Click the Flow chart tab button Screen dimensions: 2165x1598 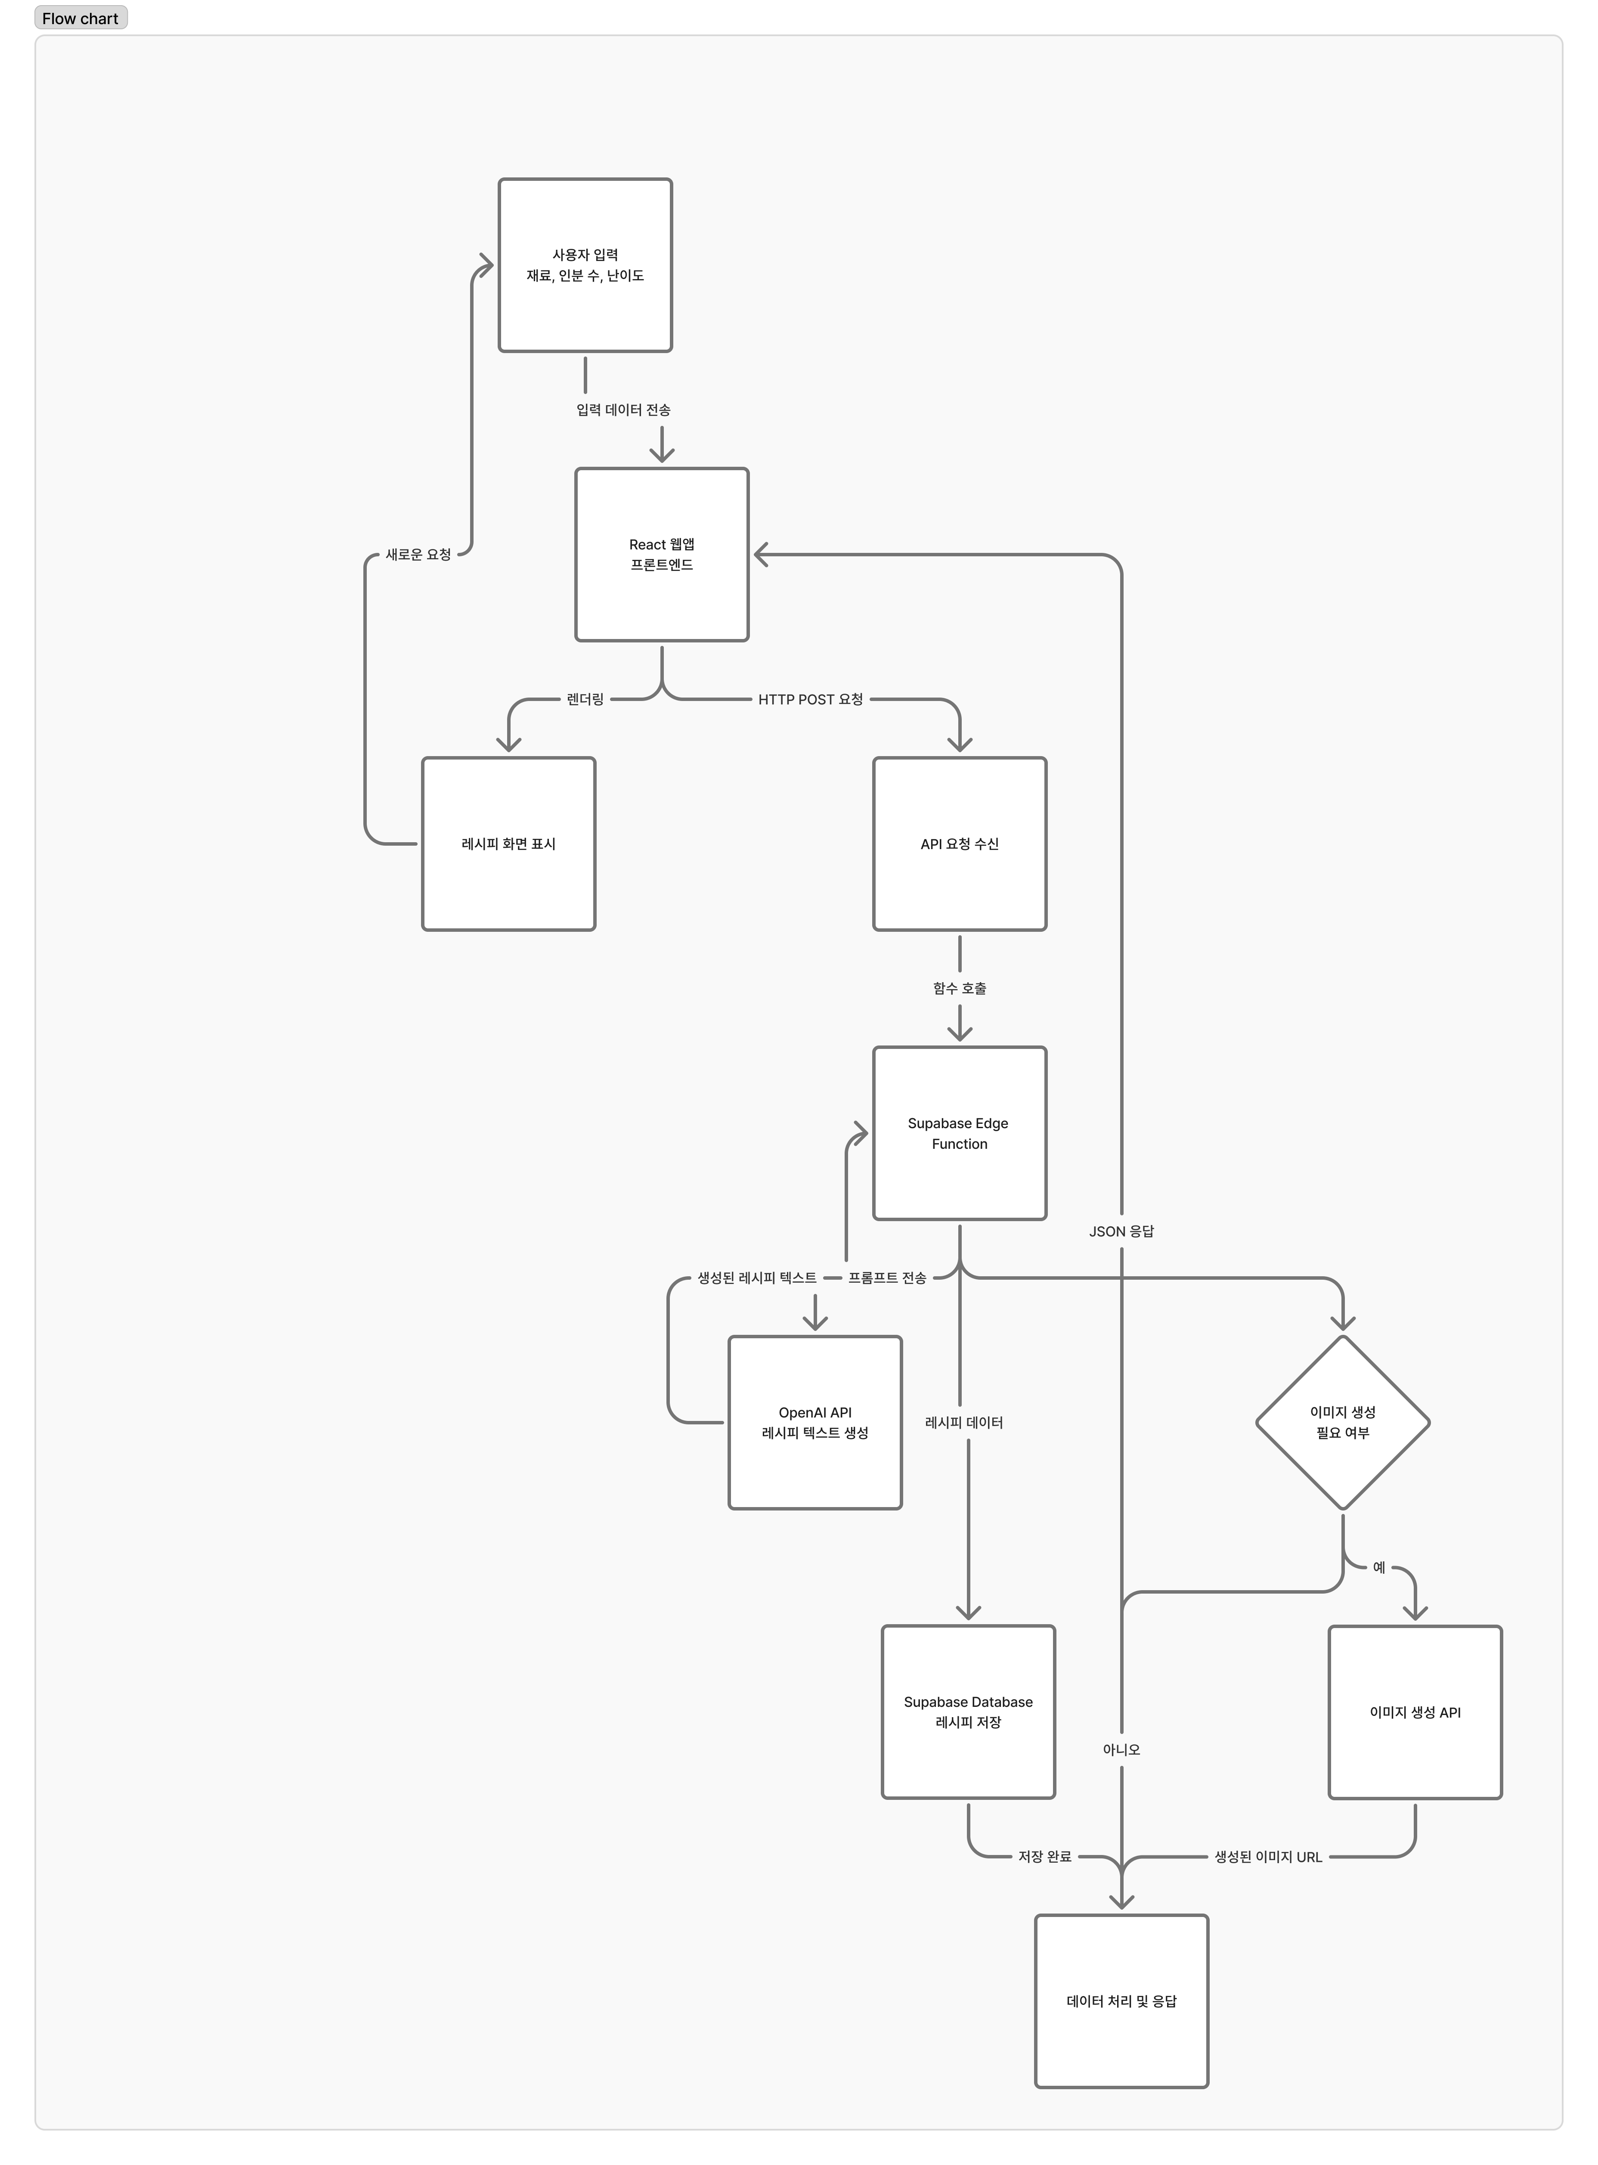coord(80,19)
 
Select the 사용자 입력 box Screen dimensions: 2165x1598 coord(585,265)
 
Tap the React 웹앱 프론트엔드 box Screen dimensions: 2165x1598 coord(662,554)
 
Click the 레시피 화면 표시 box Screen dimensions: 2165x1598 coord(509,844)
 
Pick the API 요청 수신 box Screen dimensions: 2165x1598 coord(960,844)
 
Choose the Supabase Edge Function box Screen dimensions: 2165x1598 coord(960,1133)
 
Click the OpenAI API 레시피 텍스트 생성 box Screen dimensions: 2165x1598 coord(815,1422)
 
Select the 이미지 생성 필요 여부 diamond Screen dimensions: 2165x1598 coord(1343,1422)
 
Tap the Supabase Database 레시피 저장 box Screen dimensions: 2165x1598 coord(968,1711)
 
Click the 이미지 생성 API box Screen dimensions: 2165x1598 coord(1415,1711)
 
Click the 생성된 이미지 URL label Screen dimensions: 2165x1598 coord(1268,1856)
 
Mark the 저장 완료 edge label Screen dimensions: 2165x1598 coord(1045,1856)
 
